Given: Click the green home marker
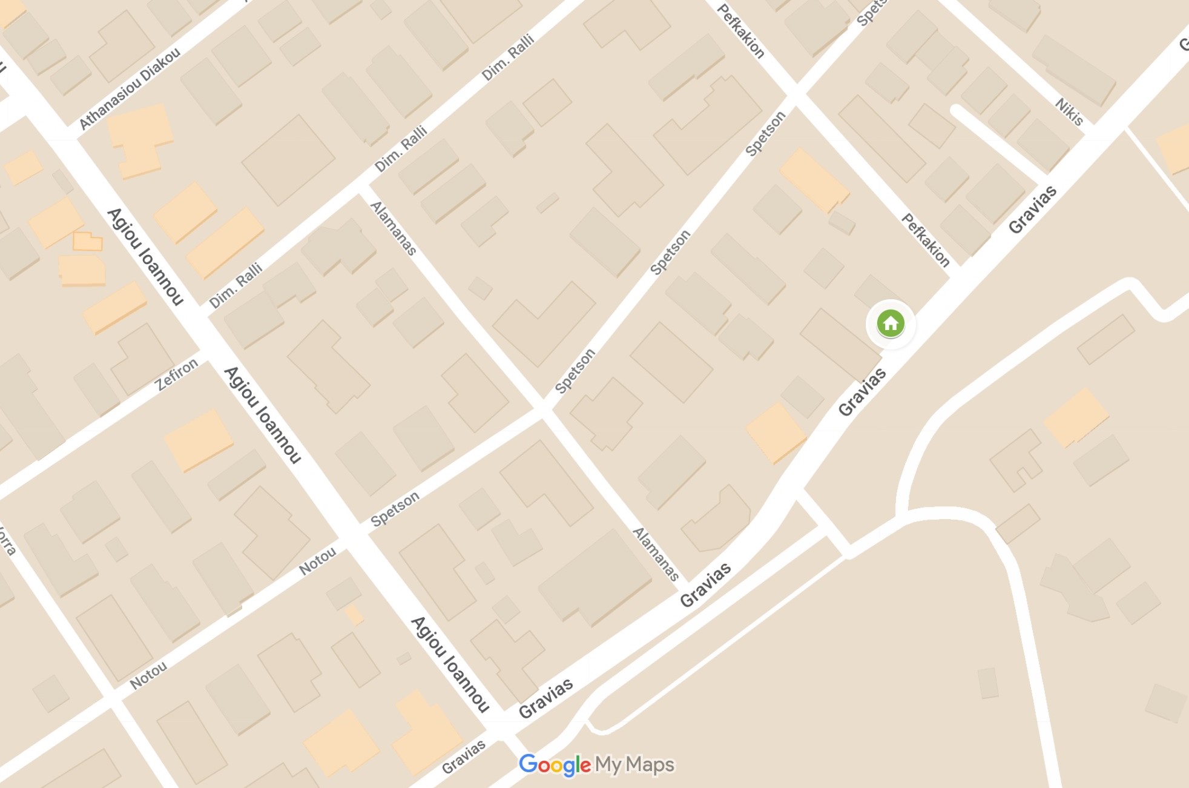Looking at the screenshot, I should (x=891, y=323).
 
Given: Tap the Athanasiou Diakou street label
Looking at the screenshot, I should (x=130, y=88).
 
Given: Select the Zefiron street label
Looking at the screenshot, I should (x=177, y=374).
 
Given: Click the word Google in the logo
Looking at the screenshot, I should (x=555, y=765).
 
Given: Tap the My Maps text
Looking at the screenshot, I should (x=634, y=765).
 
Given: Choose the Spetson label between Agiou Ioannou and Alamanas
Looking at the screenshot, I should (x=395, y=509).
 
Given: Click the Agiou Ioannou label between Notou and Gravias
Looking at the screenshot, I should (x=450, y=664).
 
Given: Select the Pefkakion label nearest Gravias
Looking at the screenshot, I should (x=926, y=240).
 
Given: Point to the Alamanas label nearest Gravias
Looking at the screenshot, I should (x=656, y=554).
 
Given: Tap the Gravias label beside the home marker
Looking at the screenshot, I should (x=863, y=392).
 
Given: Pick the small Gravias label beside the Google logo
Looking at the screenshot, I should (x=464, y=757).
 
